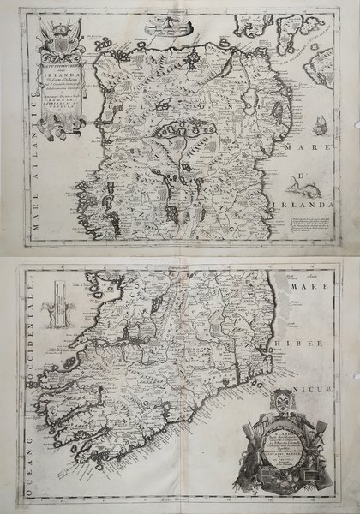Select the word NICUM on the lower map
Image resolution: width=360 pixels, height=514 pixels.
326,371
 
